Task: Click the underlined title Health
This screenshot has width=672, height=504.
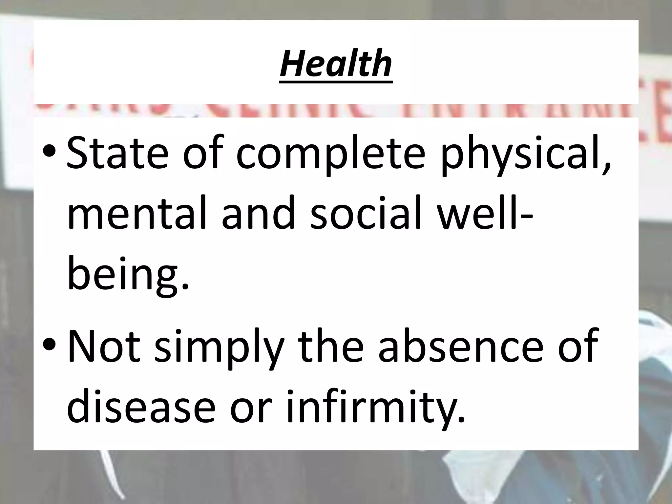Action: (336, 63)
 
